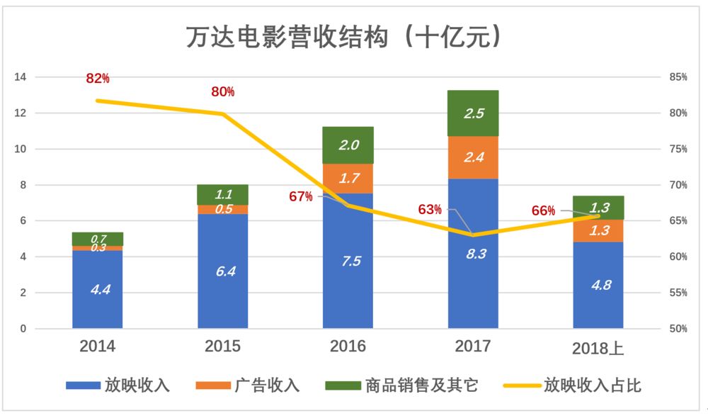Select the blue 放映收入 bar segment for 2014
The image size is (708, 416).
coord(98,289)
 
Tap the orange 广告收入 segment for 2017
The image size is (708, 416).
coord(473,157)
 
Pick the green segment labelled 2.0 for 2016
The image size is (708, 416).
coord(348,145)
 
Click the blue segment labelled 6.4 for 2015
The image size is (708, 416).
coord(223,271)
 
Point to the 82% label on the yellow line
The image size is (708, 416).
coord(98,79)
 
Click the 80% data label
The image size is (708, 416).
coord(222,92)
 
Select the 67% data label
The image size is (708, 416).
coord(300,196)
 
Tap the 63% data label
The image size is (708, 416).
coord(429,209)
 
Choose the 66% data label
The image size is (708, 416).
coord(543,210)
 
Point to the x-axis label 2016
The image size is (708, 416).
coord(348,347)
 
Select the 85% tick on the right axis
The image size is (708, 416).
coord(678,77)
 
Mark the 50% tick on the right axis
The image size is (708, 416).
coord(678,329)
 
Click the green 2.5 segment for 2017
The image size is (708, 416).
coord(473,113)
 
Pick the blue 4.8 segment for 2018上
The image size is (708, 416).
coord(598,286)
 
